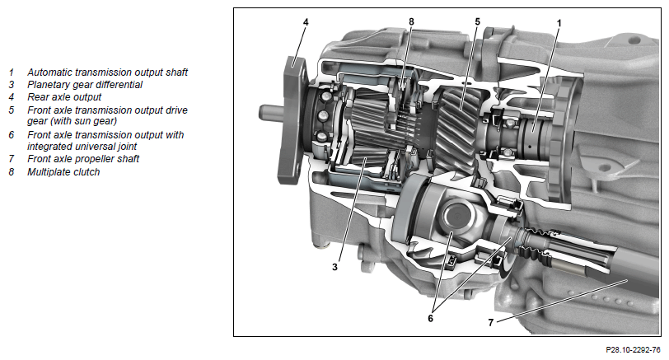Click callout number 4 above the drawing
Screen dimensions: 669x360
(306, 21)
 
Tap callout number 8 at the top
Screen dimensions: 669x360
(411, 21)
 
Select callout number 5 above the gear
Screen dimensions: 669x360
(477, 21)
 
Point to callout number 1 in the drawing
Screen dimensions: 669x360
(559, 22)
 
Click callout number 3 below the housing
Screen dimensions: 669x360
(334, 267)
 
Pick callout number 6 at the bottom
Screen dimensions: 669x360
(430, 318)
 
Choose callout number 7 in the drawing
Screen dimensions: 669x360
(491, 323)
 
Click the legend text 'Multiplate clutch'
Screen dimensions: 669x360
(63, 172)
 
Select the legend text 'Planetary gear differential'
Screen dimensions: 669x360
(85, 85)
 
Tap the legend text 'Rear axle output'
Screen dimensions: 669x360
(64, 97)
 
